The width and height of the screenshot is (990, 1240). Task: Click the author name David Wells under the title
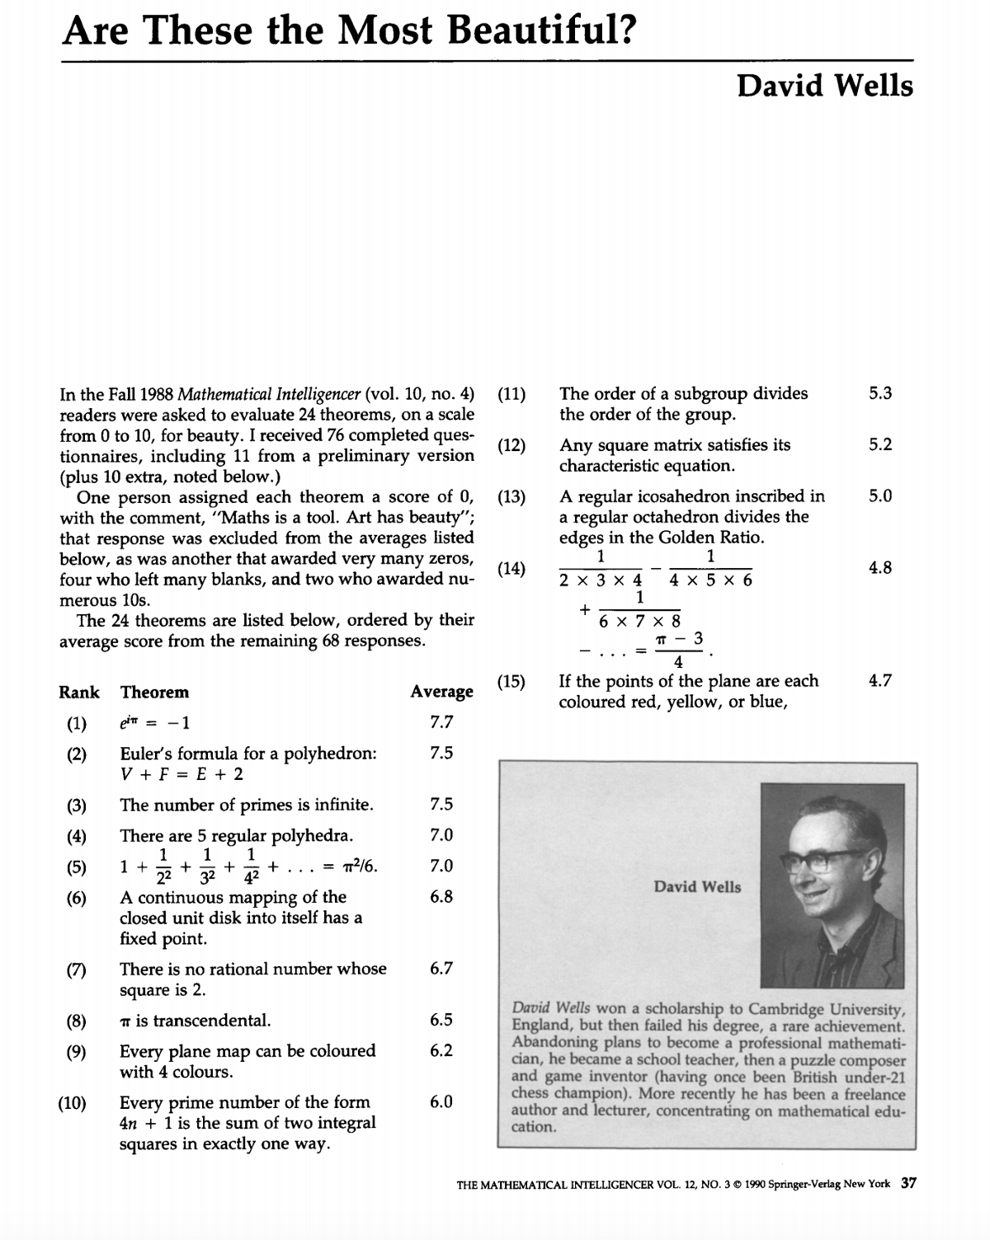825,85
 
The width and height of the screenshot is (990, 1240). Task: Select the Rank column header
79,693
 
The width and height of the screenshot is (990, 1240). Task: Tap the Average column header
441,693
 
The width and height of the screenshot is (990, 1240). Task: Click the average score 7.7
441,723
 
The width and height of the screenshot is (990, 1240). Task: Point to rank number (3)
76,806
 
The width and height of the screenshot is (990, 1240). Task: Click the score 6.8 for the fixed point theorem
441,897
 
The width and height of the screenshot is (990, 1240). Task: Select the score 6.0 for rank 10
441,1102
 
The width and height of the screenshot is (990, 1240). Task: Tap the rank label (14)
511,568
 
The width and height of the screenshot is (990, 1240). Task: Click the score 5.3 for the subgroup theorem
880,393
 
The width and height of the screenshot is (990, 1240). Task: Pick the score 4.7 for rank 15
880,681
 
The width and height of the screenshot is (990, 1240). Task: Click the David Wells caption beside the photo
697,887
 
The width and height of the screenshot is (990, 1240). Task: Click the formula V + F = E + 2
181,774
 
